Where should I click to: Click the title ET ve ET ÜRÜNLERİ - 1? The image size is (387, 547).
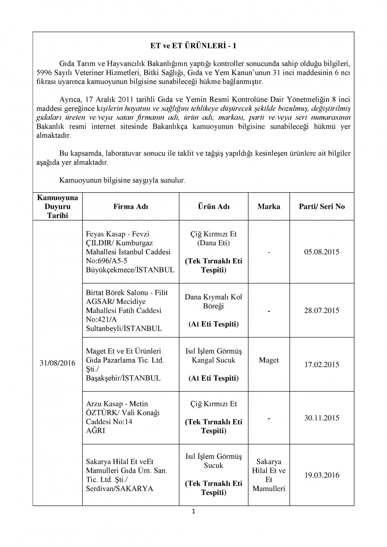coord(193,46)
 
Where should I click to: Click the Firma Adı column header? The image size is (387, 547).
coord(131,206)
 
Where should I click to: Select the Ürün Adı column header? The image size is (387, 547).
coord(214,206)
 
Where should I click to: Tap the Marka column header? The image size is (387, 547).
coord(269,206)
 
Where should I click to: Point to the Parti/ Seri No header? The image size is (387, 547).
coord(322,206)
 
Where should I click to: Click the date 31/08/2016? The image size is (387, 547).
coord(58,363)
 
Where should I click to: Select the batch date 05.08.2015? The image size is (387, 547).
coord(322,252)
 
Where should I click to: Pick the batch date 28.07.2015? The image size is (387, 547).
coord(322,310)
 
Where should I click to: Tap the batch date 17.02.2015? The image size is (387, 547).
coord(322,364)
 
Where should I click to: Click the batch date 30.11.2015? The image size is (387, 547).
coord(322,418)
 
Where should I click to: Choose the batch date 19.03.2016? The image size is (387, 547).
coord(322,475)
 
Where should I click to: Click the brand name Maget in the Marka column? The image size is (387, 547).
coord(269,360)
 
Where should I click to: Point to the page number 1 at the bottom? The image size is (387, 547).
coord(193,512)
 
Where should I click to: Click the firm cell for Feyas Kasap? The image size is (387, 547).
coord(130,252)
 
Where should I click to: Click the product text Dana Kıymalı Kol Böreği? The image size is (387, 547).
coord(214,302)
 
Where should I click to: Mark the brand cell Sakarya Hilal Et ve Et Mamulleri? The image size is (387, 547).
coord(269,475)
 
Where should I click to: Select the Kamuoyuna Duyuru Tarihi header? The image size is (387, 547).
coord(58,206)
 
